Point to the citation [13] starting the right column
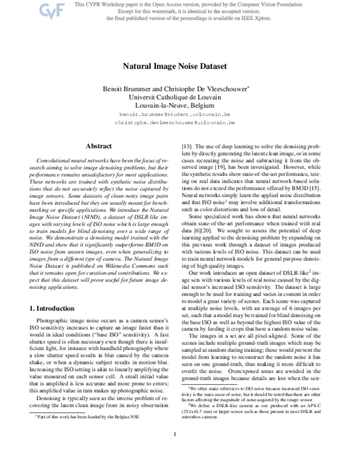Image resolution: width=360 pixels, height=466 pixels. click(186, 145)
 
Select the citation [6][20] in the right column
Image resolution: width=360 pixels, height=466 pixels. click(199, 221)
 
